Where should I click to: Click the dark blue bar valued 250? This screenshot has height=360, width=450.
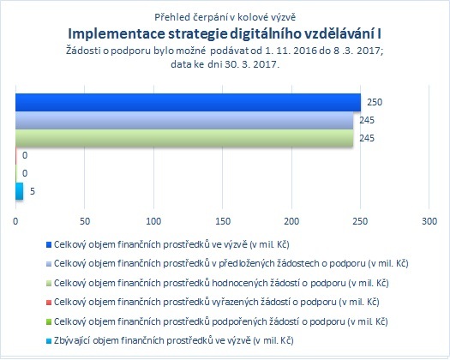(188, 102)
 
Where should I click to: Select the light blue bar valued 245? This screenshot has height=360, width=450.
(184, 120)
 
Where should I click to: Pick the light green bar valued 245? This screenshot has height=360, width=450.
(184, 138)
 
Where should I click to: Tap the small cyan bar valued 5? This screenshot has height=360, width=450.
(19, 191)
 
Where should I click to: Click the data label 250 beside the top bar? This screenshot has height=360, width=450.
(375, 102)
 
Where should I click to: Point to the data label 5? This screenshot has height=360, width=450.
(33, 191)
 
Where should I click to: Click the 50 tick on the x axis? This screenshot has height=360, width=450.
(85, 221)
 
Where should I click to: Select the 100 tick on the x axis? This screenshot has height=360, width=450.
(153, 221)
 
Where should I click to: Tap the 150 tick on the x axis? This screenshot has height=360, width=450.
(223, 221)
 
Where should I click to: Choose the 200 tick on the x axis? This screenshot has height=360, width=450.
(291, 221)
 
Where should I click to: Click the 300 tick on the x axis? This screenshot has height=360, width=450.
(429, 221)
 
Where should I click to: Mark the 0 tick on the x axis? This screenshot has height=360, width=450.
(15, 221)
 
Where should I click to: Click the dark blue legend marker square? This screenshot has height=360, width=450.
(49, 245)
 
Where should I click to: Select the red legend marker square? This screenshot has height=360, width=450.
(49, 303)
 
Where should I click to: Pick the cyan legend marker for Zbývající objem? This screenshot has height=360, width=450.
(49, 341)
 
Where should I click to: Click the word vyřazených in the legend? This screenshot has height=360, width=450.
(235, 302)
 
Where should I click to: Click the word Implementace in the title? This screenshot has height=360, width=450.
(117, 34)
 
